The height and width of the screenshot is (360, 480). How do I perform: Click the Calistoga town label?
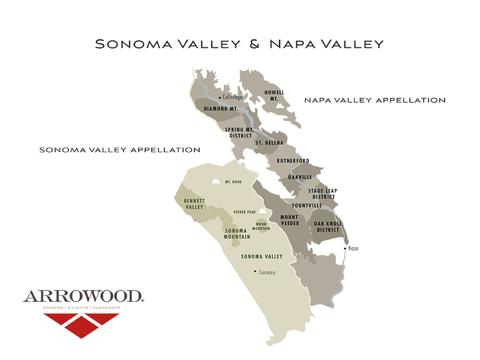[233, 97]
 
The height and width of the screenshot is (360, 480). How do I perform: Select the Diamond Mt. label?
[221, 109]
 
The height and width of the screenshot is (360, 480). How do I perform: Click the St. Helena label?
[269, 143]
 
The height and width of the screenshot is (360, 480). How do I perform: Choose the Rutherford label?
[293, 161]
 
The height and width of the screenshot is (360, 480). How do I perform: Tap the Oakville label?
[300, 177]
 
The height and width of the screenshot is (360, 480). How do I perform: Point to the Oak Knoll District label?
[327, 226]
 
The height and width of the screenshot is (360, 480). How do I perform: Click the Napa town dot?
[345, 248]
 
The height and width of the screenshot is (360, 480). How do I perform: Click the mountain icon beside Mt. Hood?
[214, 181]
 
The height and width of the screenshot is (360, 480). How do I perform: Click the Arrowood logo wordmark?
[83, 295]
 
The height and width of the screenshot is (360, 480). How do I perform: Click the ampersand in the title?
[253, 44]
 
